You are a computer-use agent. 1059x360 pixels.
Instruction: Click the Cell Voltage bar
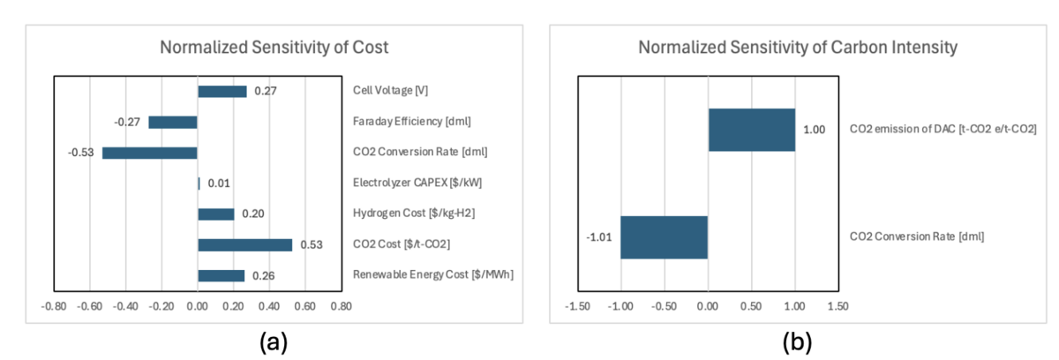(222, 91)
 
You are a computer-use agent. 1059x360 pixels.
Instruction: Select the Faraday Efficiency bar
(173, 122)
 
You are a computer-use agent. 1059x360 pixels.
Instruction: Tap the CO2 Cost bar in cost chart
(244, 244)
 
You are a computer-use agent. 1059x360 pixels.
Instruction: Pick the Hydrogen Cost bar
(216, 214)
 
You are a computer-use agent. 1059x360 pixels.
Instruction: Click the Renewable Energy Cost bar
(222, 275)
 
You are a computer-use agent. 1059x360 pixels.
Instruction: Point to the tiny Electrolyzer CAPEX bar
(199, 184)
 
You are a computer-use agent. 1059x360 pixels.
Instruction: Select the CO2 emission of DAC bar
(751, 130)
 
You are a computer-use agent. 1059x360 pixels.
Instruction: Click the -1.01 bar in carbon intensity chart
(664, 237)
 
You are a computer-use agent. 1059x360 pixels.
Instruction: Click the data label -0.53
(80, 153)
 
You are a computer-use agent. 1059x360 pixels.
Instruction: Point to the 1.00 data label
(814, 130)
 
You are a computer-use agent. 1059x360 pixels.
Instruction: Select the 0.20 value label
(253, 214)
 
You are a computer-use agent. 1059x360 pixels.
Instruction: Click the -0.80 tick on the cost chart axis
(54, 306)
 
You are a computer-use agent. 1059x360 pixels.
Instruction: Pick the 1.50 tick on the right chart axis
(837, 306)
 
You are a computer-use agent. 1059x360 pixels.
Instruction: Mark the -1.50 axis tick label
(576, 306)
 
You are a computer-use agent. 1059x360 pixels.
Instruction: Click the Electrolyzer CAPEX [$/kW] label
(407, 184)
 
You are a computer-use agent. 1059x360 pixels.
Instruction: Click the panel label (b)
(792, 341)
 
